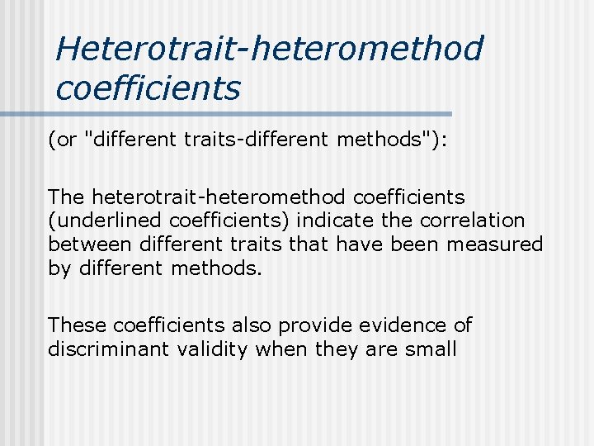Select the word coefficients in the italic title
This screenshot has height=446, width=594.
(148, 88)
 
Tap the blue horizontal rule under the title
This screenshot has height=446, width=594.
(247, 113)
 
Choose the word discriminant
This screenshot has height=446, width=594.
(108, 349)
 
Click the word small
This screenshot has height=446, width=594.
(431, 349)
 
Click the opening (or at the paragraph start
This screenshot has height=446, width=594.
(63, 140)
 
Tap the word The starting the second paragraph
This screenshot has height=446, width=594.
(67, 197)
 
